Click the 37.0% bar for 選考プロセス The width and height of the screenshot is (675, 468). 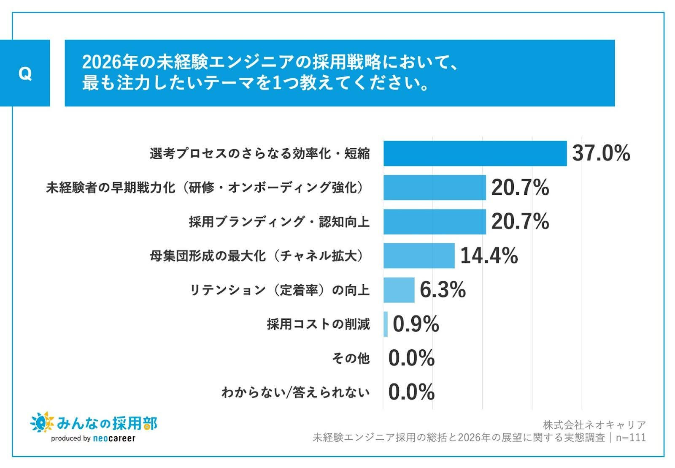click(x=475, y=153)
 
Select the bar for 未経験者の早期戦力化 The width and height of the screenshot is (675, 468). click(x=435, y=188)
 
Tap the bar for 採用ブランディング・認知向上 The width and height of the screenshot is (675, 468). click(x=435, y=222)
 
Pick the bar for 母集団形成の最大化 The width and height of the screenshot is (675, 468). click(x=419, y=256)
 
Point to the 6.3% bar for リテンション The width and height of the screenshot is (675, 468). click(x=399, y=290)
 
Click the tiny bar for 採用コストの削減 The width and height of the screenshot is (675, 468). click(x=386, y=324)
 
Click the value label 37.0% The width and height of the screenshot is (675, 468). click(x=601, y=153)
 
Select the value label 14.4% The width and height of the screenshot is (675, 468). click(x=489, y=256)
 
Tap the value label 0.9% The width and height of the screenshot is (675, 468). click(x=416, y=324)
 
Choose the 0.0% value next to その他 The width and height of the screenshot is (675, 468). click(x=411, y=358)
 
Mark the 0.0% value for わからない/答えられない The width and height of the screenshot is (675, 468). click(x=411, y=392)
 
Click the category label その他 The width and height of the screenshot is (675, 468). click(x=351, y=358)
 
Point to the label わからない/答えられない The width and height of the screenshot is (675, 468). click(x=295, y=392)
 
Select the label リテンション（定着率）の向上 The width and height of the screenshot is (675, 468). click(x=279, y=290)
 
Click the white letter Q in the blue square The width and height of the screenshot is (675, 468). click(x=25, y=73)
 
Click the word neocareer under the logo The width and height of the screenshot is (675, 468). click(x=114, y=438)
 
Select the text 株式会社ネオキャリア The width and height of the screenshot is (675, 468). click(x=594, y=425)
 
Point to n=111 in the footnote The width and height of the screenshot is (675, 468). click(x=631, y=438)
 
